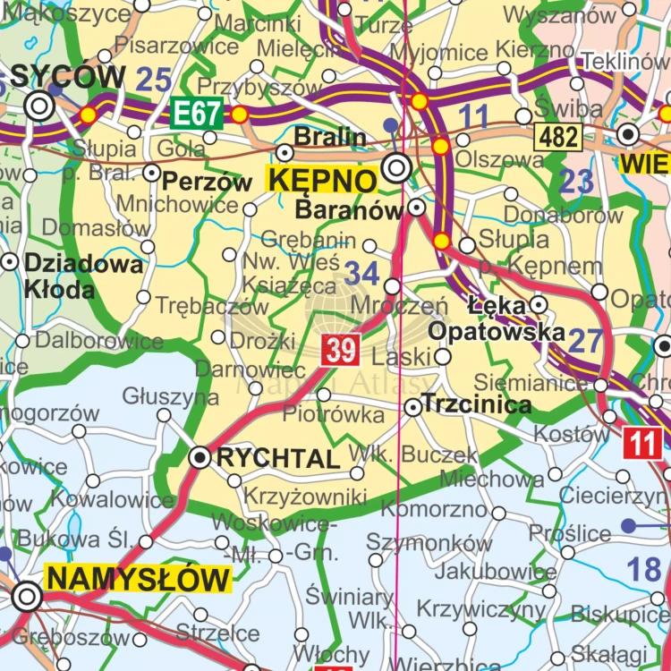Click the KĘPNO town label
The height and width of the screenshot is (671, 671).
[x=321, y=180]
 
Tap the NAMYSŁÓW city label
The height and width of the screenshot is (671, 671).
[x=139, y=579]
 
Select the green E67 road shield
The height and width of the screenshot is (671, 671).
[x=196, y=115]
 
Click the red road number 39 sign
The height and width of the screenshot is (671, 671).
[x=342, y=350]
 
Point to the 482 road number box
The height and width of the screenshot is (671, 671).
[x=558, y=136]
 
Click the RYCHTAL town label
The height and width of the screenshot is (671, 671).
[x=278, y=459]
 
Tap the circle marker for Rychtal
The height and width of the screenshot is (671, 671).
[x=201, y=458]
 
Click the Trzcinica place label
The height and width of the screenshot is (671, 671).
[x=476, y=404]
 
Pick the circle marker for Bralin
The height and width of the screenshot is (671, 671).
[x=285, y=153]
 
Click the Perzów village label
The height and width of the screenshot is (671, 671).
[x=208, y=182]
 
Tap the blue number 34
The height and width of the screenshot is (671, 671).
[x=362, y=273]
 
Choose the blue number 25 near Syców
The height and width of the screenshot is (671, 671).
[x=153, y=81]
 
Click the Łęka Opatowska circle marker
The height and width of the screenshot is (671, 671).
[x=538, y=305]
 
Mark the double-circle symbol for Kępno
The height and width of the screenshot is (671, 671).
[x=396, y=167]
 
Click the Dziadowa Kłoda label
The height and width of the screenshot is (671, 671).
[x=72, y=276]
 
